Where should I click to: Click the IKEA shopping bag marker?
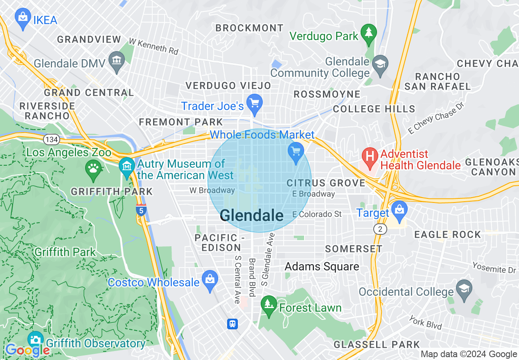tap(23, 18)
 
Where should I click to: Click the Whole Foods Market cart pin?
tap(296, 152)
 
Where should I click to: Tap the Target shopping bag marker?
tap(399, 210)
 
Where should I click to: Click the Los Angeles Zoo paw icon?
tap(94, 168)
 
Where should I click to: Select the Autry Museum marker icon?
tap(127, 166)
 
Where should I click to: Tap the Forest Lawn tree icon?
tap(269, 305)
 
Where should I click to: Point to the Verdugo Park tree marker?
tap(369, 33)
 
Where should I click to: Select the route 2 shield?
tap(380, 229)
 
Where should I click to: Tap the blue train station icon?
tap(232, 324)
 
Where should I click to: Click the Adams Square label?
tap(322, 267)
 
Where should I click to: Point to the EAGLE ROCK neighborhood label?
tap(447, 234)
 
